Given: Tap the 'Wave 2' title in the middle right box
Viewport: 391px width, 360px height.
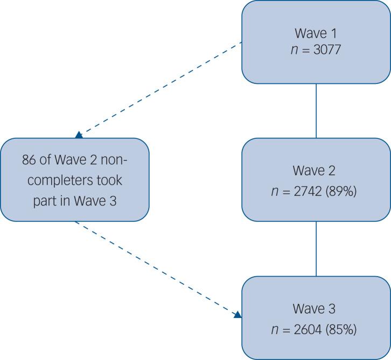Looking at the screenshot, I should pyautogui.click(x=316, y=171).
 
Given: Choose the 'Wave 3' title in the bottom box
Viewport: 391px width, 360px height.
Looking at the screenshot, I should pyautogui.click(x=316, y=309).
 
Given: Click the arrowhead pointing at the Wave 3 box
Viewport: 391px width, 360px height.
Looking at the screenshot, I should pyautogui.click(x=238, y=314).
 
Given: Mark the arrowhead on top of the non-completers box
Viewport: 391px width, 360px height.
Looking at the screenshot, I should pyautogui.click(x=79, y=135).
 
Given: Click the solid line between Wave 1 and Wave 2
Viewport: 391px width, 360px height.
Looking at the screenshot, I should pyautogui.click(x=316, y=110).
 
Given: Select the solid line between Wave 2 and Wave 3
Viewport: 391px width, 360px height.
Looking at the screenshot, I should pyautogui.click(x=316, y=249).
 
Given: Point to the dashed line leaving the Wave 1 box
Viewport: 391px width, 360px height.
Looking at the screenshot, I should pyautogui.click(x=162, y=89).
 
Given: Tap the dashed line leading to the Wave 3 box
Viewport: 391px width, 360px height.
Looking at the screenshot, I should pyautogui.click(x=156, y=267).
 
